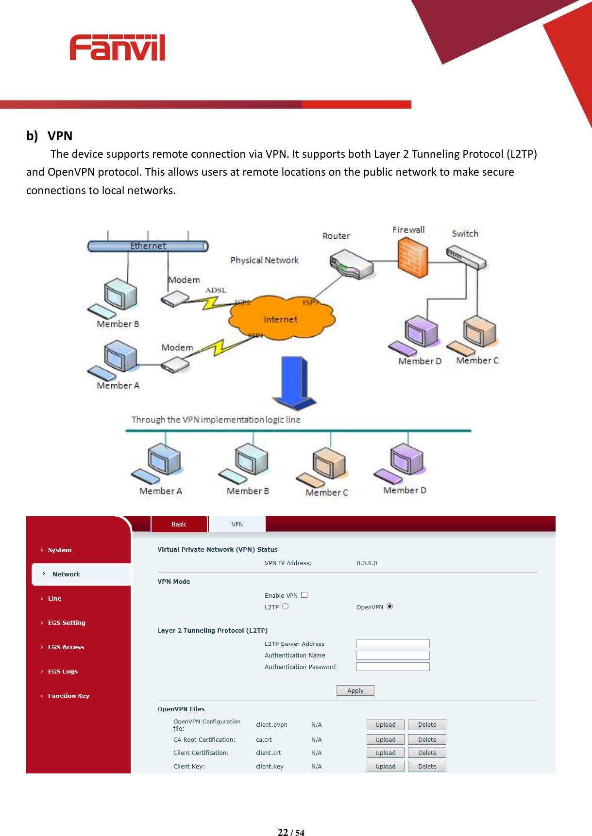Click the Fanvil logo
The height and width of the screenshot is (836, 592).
coord(118,48)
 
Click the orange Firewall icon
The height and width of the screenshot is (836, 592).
coord(413,259)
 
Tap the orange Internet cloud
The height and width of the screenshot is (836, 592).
coord(281,318)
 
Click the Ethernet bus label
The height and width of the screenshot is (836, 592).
coord(148,246)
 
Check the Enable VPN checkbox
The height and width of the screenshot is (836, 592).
coord(304,595)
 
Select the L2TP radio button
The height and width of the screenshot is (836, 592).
coord(286,607)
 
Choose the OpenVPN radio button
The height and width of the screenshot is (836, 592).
coord(389,607)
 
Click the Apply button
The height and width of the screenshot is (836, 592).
coord(355,690)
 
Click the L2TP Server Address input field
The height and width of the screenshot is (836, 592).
coord(393,644)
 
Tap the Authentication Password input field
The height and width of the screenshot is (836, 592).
coord(393,667)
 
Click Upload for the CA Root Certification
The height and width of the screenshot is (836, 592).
coord(385,740)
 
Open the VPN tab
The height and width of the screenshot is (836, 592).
coord(237,525)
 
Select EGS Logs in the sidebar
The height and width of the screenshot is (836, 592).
coord(63,672)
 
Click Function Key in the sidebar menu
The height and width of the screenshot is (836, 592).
coord(68,696)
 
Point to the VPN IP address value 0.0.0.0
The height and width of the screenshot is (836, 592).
coord(367,563)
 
